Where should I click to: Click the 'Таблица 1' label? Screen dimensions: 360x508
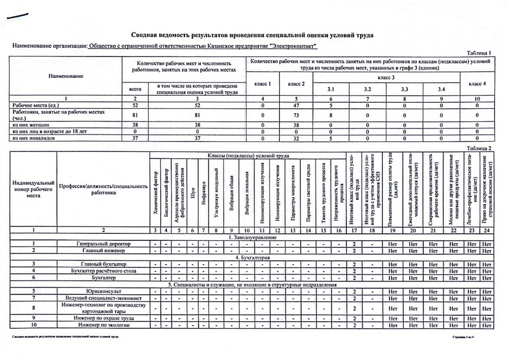pos(480,53)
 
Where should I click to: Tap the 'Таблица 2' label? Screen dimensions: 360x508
pos(480,148)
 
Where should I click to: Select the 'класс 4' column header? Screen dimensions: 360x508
pos(477,83)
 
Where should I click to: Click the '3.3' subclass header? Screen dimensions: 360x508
pos(405,89)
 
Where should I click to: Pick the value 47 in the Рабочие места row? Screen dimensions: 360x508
pos(296,105)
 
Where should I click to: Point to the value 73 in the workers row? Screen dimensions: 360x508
pos(296,115)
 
